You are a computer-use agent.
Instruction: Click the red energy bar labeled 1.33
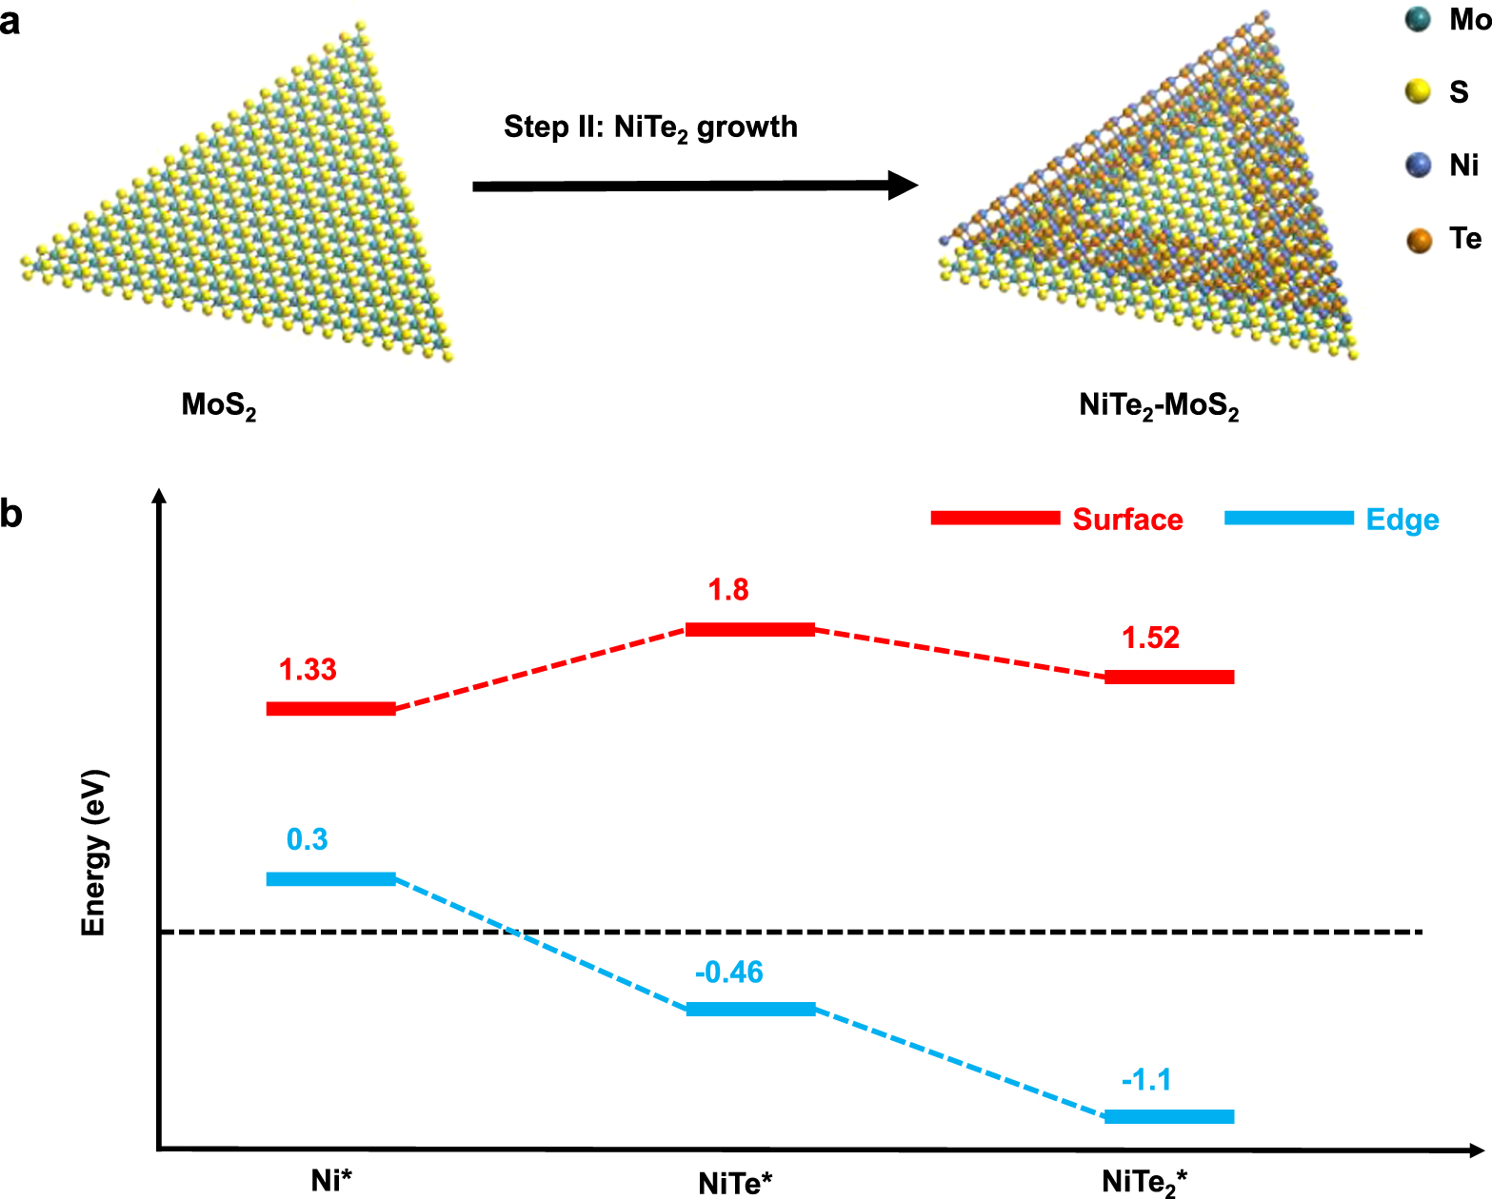tap(330, 709)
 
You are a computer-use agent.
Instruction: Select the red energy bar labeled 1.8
tap(750, 629)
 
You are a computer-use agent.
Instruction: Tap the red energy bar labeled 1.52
tap(1169, 678)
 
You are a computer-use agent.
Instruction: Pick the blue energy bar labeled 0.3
tap(330, 879)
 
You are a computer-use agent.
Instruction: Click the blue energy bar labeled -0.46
tap(750, 1010)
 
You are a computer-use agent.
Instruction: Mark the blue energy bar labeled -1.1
tap(1169, 1117)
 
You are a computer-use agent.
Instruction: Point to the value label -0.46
tap(729, 973)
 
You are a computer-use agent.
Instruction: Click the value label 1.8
tap(728, 590)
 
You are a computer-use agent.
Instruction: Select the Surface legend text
tap(1127, 520)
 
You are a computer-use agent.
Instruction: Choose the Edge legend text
tap(1402, 520)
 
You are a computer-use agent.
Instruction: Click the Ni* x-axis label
tap(331, 1180)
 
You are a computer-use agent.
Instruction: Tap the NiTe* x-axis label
tap(735, 1183)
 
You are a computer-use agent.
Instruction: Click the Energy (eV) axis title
tap(93, 854)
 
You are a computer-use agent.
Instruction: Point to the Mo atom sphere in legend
tap(1419, 19)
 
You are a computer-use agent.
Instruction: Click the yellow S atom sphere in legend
tap(1419, 91)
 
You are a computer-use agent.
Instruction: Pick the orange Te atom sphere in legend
tap(1419, 240)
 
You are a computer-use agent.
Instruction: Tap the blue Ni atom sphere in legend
tap(1419, 166)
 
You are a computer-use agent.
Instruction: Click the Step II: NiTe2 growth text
tap(650, 128)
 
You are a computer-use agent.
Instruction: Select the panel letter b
tap(11, 514)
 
